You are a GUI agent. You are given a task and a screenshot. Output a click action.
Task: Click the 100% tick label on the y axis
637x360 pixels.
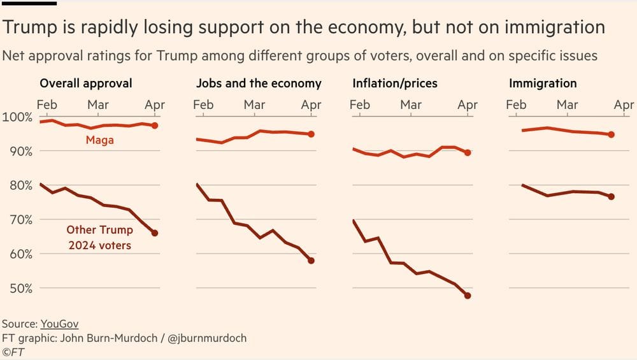coord(17,117)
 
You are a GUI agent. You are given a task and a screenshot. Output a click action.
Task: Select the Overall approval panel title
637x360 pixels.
coord(86,83)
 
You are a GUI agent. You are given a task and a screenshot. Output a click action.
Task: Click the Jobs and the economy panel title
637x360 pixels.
coord(259,83)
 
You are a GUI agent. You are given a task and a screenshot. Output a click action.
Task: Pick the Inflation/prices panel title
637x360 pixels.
coord(395,83)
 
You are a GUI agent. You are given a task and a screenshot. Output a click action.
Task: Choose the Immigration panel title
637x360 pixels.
coord(543,83)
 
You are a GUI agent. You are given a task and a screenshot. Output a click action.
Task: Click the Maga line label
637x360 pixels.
coord(99,140)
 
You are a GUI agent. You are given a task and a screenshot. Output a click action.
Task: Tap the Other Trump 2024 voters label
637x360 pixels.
coord(99,237)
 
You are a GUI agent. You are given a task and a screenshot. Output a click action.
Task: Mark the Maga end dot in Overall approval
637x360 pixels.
coord(155,126)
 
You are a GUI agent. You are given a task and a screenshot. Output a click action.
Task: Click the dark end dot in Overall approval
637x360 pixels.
coord(155,233)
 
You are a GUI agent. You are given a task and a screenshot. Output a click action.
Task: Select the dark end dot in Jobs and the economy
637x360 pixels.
coord(311,261)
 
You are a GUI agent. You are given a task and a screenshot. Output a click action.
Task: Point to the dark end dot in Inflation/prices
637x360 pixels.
coord(468,296)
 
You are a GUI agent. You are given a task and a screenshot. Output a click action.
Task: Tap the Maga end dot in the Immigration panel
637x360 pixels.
coord(612,134)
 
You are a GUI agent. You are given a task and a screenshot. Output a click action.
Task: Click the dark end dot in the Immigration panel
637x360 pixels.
coord(612,197)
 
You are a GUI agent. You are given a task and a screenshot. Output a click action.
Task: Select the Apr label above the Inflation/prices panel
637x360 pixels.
coord(468,104)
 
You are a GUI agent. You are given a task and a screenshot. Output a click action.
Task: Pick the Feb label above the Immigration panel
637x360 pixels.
coord(516,104)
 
